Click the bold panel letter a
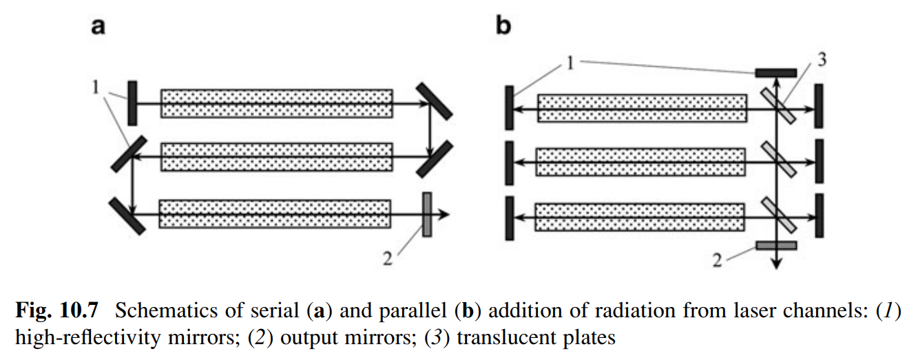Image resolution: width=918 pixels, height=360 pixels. (x=99, y=28)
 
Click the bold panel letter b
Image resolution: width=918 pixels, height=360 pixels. (x=504, y=28)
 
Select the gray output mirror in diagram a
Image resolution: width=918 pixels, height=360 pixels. (x=427, y=215)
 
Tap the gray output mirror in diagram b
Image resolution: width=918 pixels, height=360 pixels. (x=776, y=245)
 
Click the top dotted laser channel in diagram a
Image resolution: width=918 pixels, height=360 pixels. (x=277, y=103)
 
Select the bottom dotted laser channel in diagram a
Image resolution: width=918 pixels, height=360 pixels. (x=275, y=214)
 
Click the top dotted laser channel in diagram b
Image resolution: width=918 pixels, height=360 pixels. (x=642, y=107)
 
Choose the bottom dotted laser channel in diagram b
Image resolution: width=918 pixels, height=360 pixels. (x=640, y=218)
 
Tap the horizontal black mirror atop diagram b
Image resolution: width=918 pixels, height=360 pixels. (x=776, y=72)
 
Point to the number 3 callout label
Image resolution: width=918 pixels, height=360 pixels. (x=822, y=59)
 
